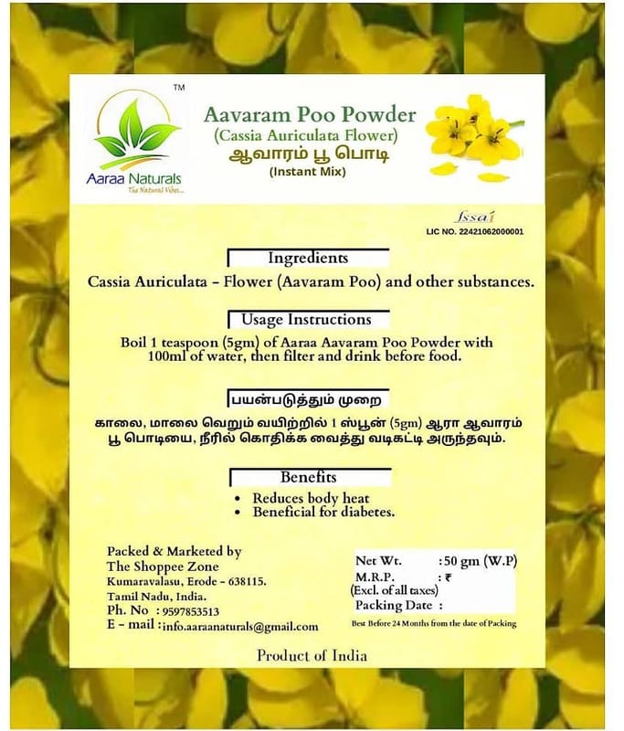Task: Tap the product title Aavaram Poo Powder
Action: click(x=310, y=115)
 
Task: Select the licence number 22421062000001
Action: click(x=490, y=232)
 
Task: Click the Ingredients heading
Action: click(x=308, y=259)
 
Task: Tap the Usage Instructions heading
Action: click(x=306, y=320)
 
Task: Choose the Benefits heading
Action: click(x=308, y=477)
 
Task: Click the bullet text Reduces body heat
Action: click(x=310, y=498)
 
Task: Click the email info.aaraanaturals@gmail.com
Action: click(x=240, y=627)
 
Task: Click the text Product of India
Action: click(x=312, y=655)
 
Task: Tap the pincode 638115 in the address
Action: click(x=243, y=581)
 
